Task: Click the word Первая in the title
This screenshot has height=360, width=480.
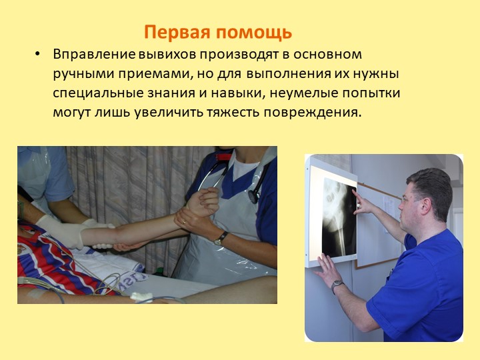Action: click(x=177, y=32)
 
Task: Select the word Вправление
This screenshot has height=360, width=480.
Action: click(x=94, y=55)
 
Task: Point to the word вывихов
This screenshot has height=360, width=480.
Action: click(x=167, y=55)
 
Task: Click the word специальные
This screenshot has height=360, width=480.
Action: click(x=98, y=93)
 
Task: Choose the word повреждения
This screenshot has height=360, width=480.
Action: click(x=312, y=113)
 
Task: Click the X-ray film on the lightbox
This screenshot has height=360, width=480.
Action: click(x=339, y=217)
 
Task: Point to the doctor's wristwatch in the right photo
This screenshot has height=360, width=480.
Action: click(x=336, y=285)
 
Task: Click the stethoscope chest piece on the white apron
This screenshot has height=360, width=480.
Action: click(x=253, y=197)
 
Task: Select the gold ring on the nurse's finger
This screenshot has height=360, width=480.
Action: click(x=184, y=222)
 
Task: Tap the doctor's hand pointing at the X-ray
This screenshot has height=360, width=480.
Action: click(x=361, y=203)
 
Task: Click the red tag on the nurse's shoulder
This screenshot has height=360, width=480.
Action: click(x=223, y=157)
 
